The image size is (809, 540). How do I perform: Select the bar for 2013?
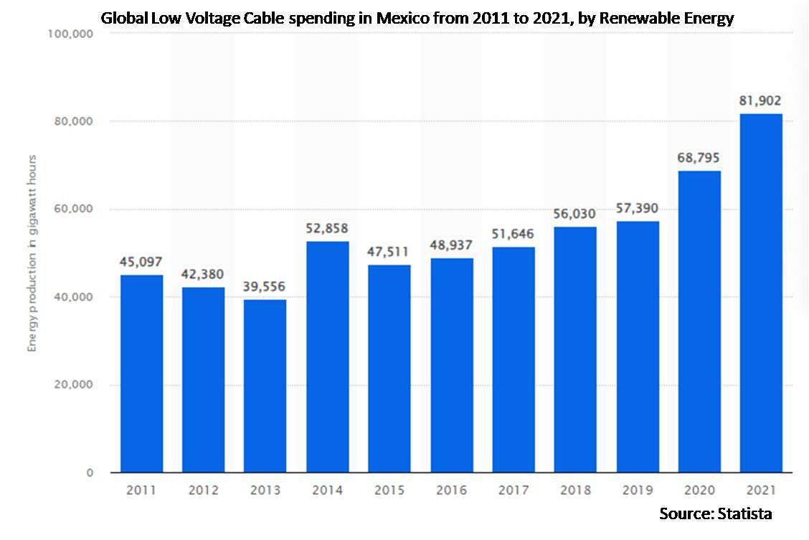(x=265, y=386)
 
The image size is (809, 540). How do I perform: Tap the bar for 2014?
(x=328, y=356)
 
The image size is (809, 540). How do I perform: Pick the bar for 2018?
(x=575, y=349)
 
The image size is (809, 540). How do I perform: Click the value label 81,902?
(x=761, y=101)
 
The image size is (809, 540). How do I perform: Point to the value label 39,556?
(x=265, y=287)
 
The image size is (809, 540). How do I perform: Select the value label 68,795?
(x=699, y=158)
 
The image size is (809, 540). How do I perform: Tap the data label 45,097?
(x=141, y=262)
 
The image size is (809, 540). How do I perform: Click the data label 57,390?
(x=637, y=209)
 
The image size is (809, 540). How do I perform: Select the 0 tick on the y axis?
(x=90, y=473)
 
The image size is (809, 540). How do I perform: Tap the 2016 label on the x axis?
(x=451, y=491)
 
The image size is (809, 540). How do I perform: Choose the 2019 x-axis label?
(x=637, y=491)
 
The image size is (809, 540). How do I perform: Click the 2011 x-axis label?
(x=141, y=491)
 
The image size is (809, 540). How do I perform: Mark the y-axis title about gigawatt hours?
(x=32, y=252)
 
